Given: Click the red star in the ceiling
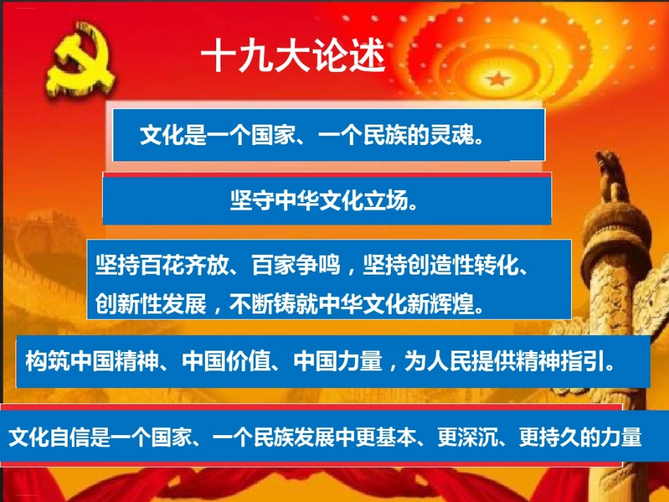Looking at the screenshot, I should coord(499,78).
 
